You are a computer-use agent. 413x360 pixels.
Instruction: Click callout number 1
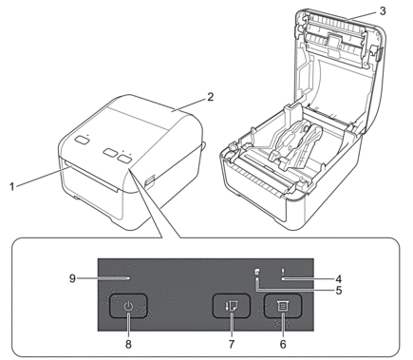[x=12, y=187]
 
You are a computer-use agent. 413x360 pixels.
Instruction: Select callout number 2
[x=210, y=97]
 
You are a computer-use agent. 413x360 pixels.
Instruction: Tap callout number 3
[x=383, y=11]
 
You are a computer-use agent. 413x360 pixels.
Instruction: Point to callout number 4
[x=339, y=279]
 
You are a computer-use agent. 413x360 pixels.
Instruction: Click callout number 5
[x=339, y=291]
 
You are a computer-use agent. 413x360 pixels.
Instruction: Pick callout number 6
[x=283, y=344]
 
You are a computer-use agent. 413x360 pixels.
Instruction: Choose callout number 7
[x=232, y=344]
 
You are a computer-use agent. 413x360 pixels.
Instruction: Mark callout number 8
[x=128, y=344]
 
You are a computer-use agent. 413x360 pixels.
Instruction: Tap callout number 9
[x=72, y=279]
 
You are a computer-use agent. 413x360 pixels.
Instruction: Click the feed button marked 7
[x=232, y=306]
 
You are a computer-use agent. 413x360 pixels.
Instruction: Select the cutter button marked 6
[x=283, y=306]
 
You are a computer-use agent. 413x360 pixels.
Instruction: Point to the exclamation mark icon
[x=283, y=272]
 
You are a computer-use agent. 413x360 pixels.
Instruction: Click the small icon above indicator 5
[x=257, y=272]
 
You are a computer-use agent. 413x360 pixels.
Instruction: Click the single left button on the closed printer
[x=82, y=141]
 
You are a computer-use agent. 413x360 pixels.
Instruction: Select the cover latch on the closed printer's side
[x=149, y=180]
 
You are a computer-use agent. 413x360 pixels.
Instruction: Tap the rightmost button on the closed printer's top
[x=125, y=158]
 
